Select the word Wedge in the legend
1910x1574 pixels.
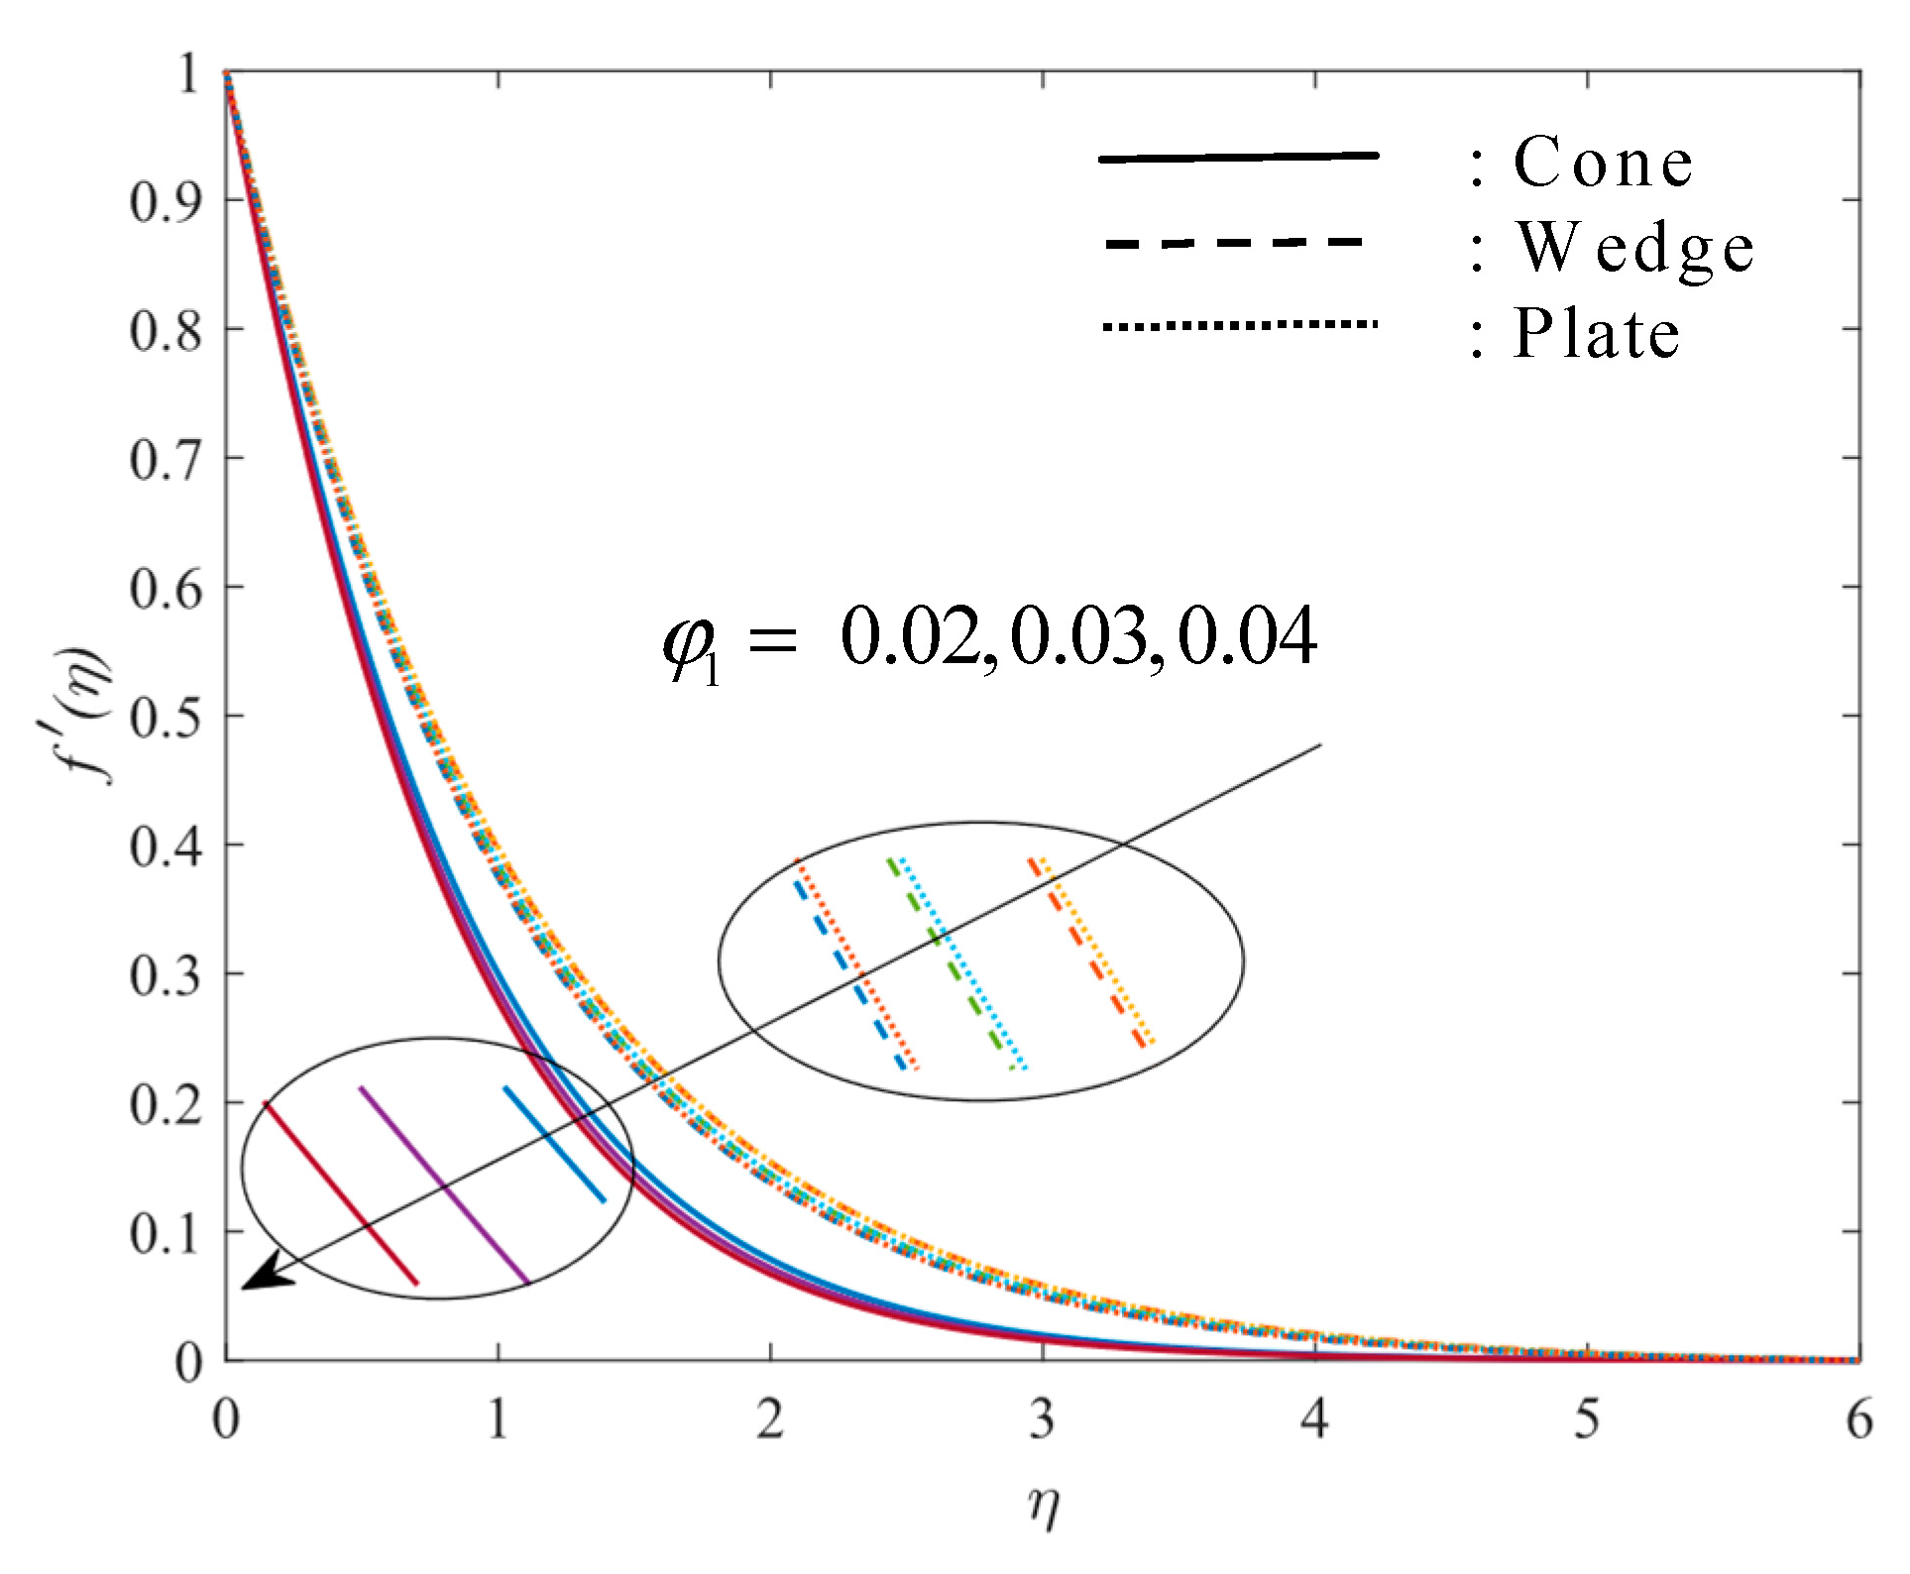1635,248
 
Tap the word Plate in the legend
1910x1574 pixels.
1596,333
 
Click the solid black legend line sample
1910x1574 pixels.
1239,157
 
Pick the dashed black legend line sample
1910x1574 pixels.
1234,242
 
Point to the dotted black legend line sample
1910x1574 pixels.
1239,324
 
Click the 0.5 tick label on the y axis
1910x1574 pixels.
166,717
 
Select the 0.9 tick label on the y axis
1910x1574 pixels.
166,201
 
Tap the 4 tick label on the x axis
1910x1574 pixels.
1314,1419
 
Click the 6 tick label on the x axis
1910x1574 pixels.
1858,1419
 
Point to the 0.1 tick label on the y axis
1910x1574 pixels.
166,1233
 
